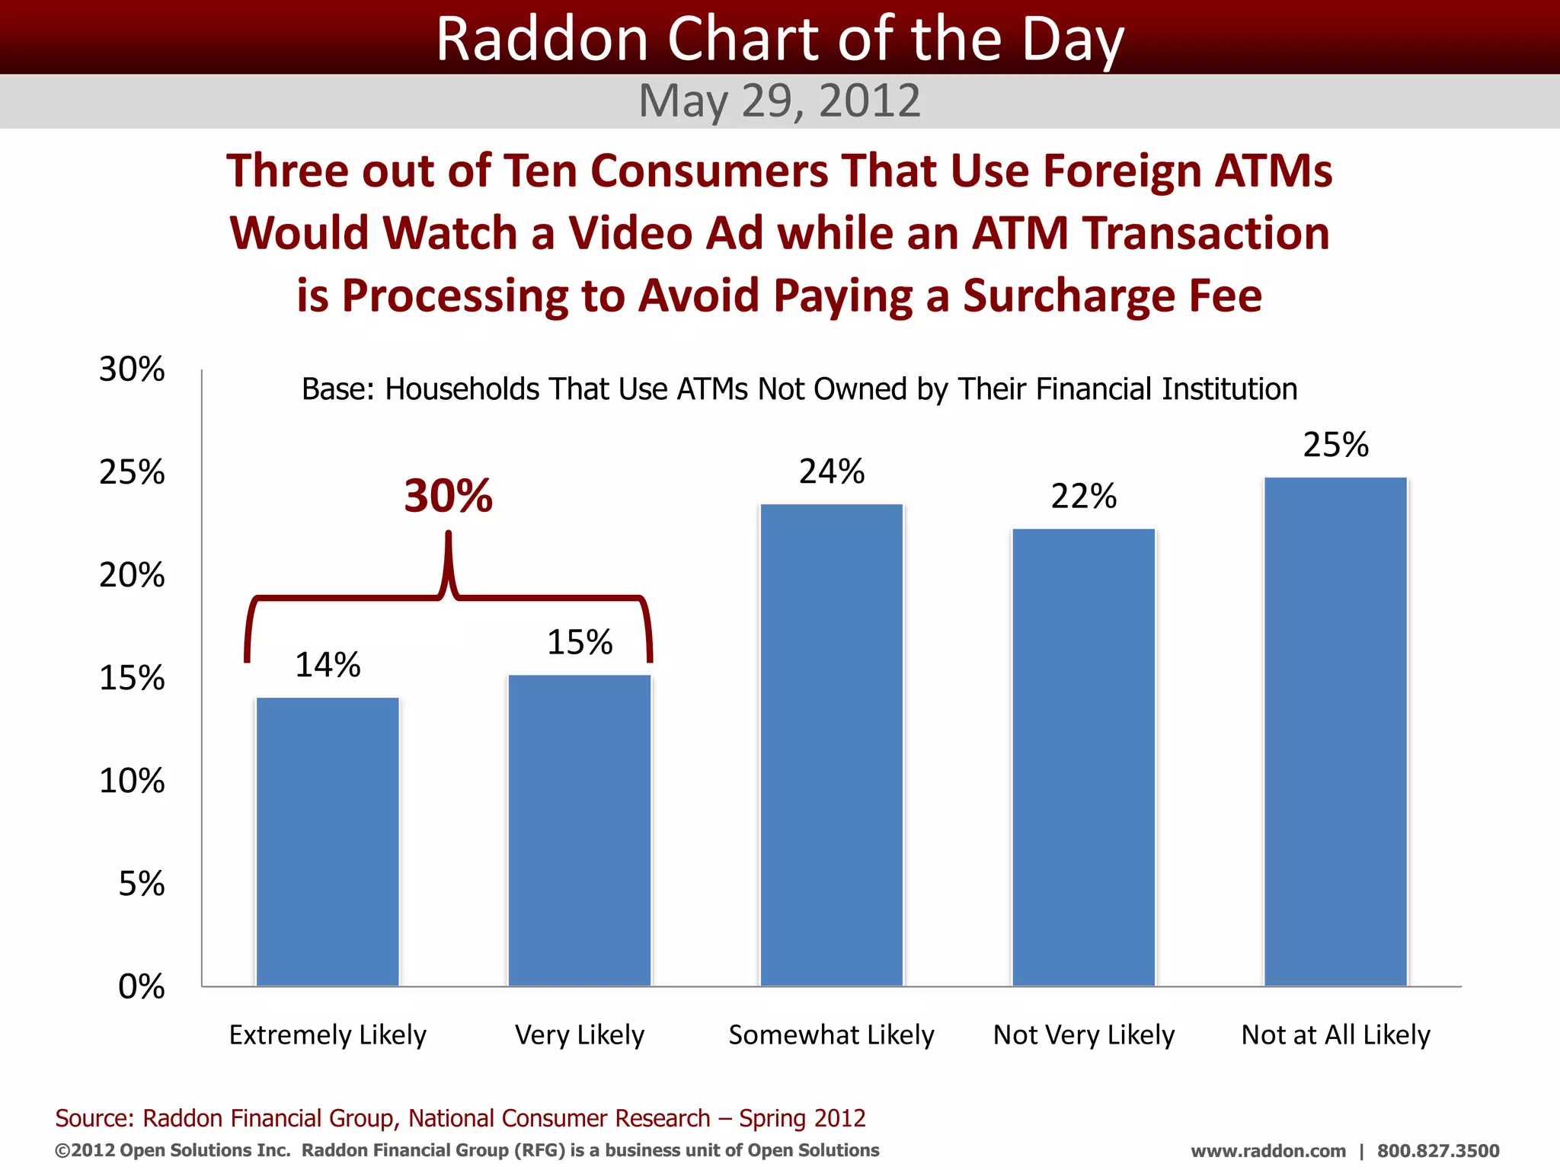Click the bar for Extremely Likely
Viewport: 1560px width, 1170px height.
click(328, 842)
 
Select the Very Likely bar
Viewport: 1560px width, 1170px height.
click(580, 830)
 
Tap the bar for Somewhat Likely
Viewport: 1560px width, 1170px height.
click(832, 745)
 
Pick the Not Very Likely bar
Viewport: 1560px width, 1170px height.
click(1084, 757)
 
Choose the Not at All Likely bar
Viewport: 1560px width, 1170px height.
click(1336, 731)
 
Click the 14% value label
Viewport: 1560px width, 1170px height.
click(328, 665)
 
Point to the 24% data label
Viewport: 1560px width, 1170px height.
click(832, 472)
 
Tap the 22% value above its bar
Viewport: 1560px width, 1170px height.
click(1084, 497)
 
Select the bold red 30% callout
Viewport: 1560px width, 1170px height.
click(449, 496)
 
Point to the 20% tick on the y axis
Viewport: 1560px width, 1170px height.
click(132, 575)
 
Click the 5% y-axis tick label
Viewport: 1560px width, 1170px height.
click(142, 884)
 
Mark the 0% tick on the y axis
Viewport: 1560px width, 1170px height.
click(142, 986)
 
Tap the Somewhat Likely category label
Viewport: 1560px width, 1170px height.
click(832, 1035)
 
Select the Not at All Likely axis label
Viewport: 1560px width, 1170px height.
click(1336, 1035)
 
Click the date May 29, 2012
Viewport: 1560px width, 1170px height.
click(780, 101)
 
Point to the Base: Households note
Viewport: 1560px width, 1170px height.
click(799, 389)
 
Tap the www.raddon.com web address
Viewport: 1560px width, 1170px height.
click(1268, 1151)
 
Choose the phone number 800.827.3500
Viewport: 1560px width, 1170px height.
click(1438, 1151)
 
